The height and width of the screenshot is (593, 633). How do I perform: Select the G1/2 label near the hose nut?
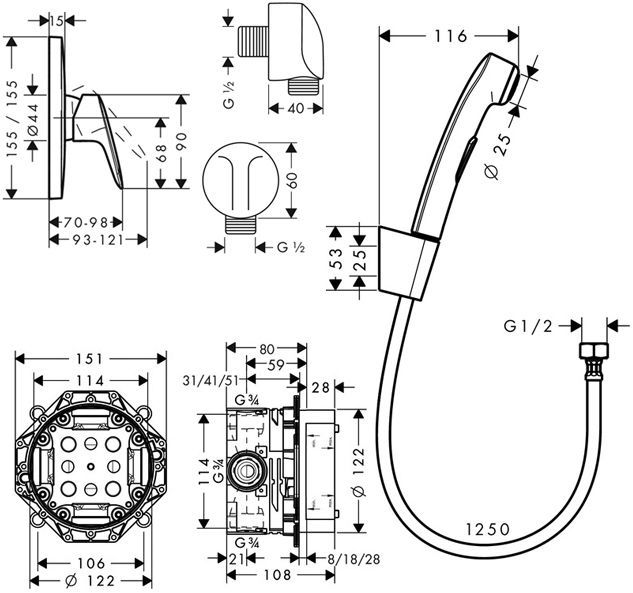pyautogui.click(x=527, y=325)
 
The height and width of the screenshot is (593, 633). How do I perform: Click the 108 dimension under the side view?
pyautogui.click(x=278, y=576)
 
